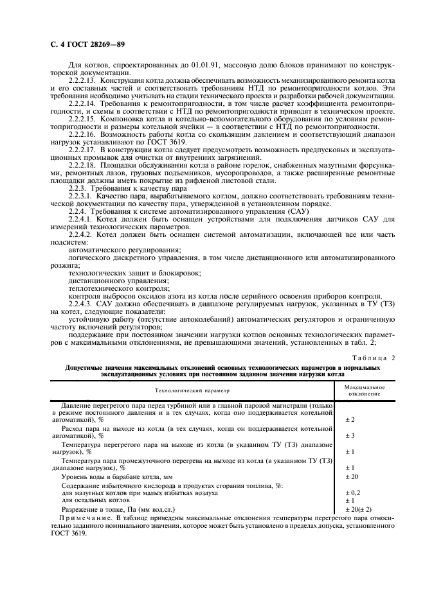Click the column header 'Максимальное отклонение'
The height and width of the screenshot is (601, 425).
364,390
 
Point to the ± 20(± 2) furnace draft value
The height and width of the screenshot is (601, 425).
359,509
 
